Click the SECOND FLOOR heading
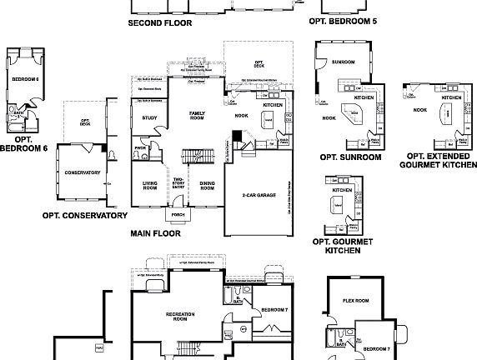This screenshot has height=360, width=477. click(x=159, y=23)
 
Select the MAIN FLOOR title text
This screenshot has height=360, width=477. click(x=155, y=234)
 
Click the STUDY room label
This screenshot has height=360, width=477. click(x=149, y=118)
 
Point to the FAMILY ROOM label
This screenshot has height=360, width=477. click(x=198, y=115)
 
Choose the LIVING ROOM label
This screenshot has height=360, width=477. click(x=149, y=186)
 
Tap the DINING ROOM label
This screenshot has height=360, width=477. click(x=207, y=186)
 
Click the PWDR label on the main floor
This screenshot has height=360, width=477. click(x=140, y=148)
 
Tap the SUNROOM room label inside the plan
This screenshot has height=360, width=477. click(x=342, y=62)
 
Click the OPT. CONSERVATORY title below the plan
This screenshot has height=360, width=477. click(x=84, y=215)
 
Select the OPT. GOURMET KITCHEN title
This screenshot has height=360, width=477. click(x=342, y=246)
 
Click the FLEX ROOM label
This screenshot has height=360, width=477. click(x=355, y=301)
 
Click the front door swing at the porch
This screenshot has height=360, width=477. click(x=178, y=205)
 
